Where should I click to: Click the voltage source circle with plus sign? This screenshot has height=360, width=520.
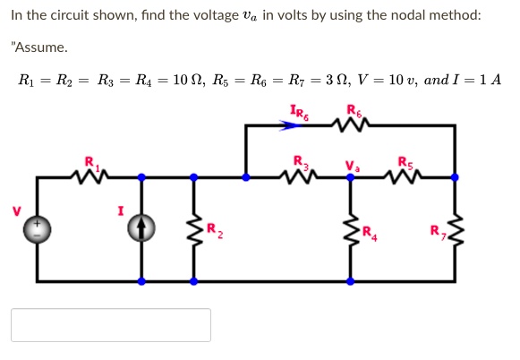click(37, 230)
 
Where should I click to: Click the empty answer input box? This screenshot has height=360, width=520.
click(111, 325)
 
